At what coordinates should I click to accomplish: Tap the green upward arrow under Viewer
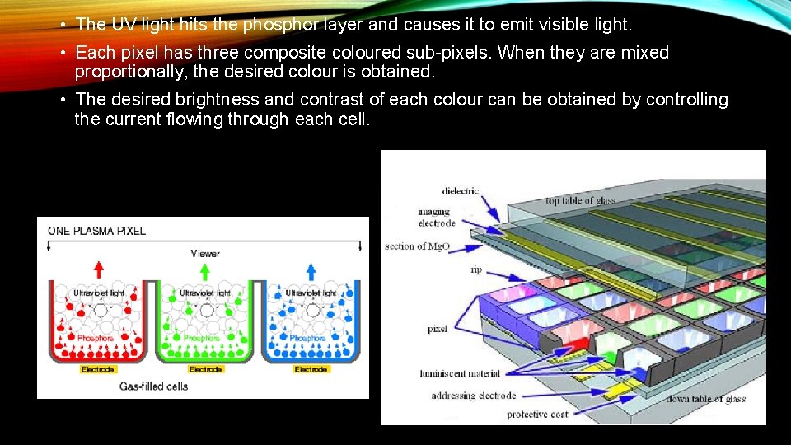(205, 269)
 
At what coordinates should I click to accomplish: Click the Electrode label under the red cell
(98, 369)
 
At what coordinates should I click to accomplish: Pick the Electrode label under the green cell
(205, 369)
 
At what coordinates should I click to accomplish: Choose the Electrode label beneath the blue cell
(311, 369)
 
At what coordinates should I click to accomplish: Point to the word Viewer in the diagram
(205, 253)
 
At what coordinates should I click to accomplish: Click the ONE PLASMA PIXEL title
(97, 231)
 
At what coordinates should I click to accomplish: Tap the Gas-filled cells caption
(154, 386)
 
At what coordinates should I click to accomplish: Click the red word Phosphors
(95, 338)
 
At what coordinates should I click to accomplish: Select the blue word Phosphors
(307, 338)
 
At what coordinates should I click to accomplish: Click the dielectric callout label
(460, 191)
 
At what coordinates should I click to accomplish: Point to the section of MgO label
(417, 246)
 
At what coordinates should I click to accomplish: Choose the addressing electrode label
(473, 396)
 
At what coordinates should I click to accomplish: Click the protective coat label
(537, 414)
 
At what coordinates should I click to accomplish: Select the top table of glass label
(580, 201)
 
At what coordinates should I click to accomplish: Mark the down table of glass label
(706, 399)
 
